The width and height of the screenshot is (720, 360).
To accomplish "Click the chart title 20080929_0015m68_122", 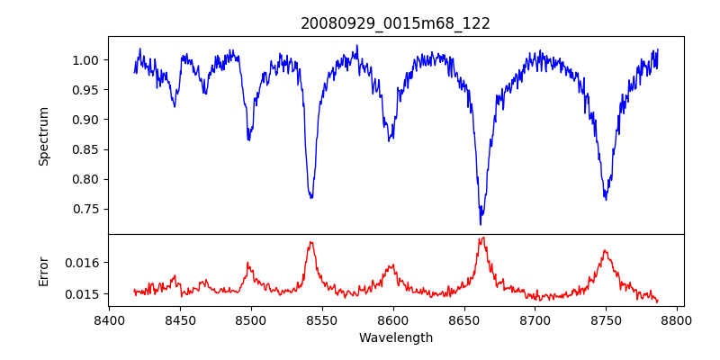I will pyautogui.click(x=395, y=23).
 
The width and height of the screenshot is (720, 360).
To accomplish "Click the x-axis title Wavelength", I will pyautogui.click(x=395, y=337).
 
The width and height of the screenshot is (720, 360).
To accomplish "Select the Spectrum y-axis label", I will pyautogui.click(x=43, y=136).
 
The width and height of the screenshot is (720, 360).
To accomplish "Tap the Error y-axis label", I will pyautogui.click(x=43, y=271).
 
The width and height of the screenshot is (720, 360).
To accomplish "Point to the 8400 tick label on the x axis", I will pyautogui.click(x=109, y=319).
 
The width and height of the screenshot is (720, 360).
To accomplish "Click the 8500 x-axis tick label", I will pyautogui.click(x=251, y=319).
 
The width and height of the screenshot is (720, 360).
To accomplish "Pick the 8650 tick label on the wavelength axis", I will pyautogui.click(x=463, y=319).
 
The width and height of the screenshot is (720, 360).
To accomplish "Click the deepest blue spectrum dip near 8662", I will pyautogui.click(x=481, y=223).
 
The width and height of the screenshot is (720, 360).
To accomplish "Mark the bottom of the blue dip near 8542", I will pyautogui.click(x=311, y=197).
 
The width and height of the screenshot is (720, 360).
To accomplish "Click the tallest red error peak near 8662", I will pyautogui.click(x=482, y=238).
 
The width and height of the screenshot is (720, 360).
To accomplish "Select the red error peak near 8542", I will pyautogui.click(x=310, y=242).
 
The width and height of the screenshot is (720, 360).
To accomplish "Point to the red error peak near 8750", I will pyautogui.click(x=605, y=250).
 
